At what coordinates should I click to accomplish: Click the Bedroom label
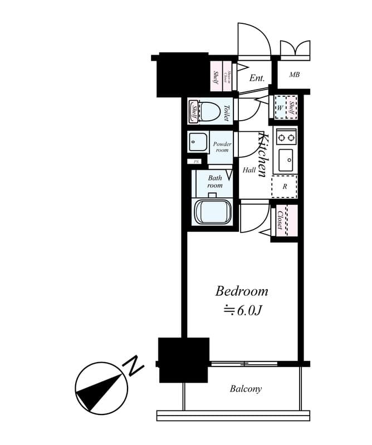[x=242, y=291]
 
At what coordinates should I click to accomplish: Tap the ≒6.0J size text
[x=242, y=310]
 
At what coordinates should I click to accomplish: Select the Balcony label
[x=246, y=389]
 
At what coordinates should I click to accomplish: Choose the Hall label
[x=249, y=171]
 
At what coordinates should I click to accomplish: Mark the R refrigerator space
[x=285, y=186]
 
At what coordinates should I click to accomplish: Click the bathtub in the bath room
[x=212, y=212]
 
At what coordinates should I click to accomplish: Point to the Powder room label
[x=222, y=147]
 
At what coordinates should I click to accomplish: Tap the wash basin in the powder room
[x=197, y=141]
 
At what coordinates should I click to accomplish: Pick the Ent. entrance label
[x=257, y=78]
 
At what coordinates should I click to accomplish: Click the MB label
[x=295, y=75]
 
